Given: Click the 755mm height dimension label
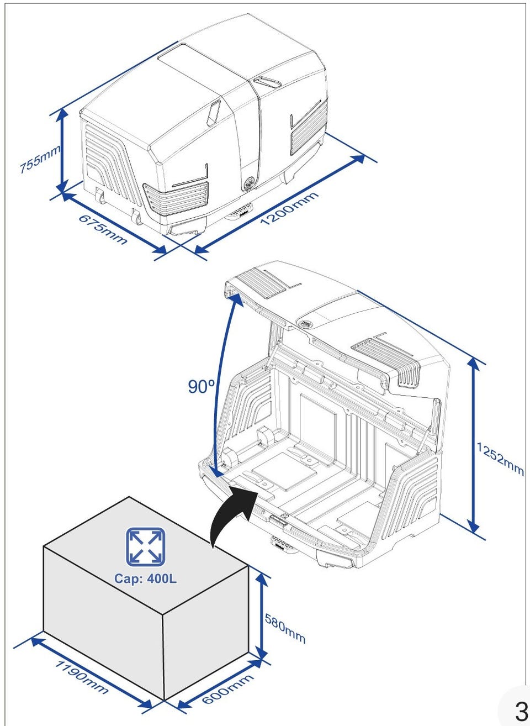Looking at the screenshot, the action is [40, 160].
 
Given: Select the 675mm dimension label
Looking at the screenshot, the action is [103, 229].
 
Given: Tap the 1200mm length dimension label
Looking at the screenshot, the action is [289, 208].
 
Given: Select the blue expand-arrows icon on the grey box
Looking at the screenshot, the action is [145, 547].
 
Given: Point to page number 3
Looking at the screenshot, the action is [521, 711].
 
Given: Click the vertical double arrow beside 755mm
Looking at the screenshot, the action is [62, 151].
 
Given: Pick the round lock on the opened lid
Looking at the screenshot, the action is [305, 323].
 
